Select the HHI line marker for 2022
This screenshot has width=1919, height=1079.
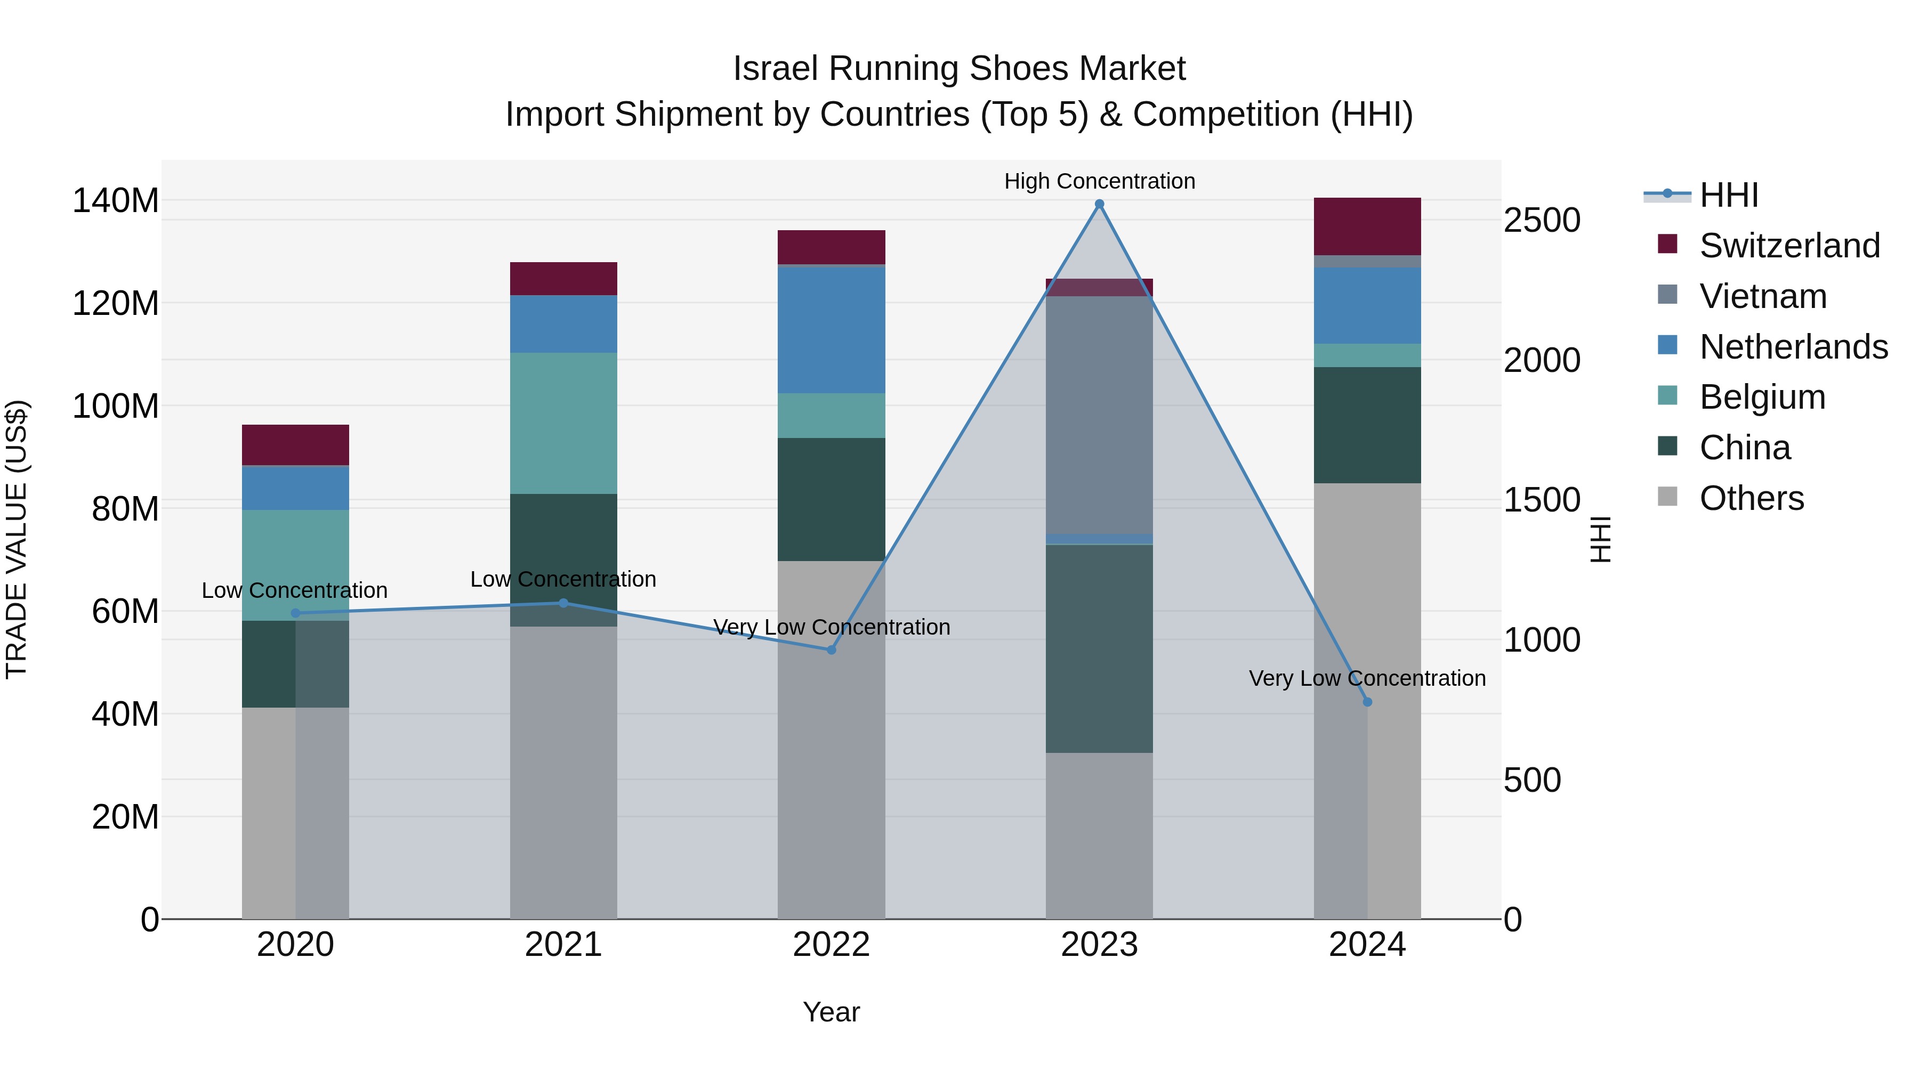click(x=832, y=650)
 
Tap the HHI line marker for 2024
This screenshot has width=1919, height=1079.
click(x=1367, y=702)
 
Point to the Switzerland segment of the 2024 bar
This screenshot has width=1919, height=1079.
click(x=1367, y=226)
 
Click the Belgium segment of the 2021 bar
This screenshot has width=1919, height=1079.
click(x=563, y=423)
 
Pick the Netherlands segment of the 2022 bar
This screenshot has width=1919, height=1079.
click(x=832, y=330)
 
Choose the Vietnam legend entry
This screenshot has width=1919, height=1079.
click(x=1763, y=296)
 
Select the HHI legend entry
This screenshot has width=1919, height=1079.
click(x=1728, y=195)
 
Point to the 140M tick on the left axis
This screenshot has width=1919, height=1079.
click(x=116, y=201)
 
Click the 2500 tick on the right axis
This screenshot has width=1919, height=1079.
click(x=1541, y=221)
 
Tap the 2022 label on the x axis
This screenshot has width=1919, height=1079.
click(x=832, y=945)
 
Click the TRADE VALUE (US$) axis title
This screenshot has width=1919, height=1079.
click(x=17, y=539)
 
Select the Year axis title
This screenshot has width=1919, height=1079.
click(x=832, y=1012)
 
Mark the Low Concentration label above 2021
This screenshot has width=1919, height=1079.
click(x=563, y=579)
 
